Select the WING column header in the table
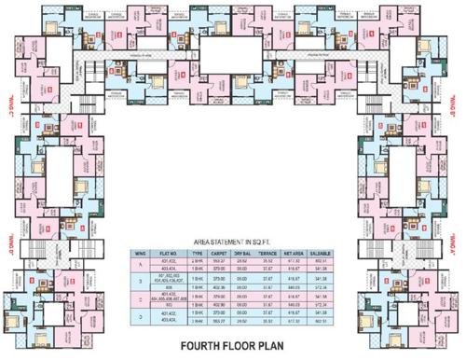141,253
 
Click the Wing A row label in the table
141,264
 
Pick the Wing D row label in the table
141,319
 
